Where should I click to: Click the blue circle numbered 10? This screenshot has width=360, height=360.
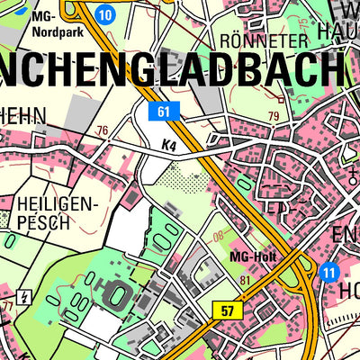pyautogui.click(x=105, y=13)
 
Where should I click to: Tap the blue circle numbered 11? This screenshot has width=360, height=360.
pyautogui.click(x=328, y=272)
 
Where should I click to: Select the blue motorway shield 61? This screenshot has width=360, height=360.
pyautogui.click(x=163, y=111)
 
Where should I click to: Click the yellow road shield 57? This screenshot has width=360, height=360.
pyautogui.click(x=229, y=310)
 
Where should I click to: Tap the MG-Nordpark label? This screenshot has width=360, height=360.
pyautogui.click(x=55, y=24)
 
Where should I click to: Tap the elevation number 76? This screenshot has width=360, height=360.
pyautogui.click(x=102, y=130)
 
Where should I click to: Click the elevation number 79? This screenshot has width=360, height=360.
pyautogui.click(x=273, y=115)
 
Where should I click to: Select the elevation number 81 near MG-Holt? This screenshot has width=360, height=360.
pyautogui.click(x=246, y=281)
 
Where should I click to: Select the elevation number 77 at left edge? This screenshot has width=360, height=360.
pyautogui.click(x=7, y=307)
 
